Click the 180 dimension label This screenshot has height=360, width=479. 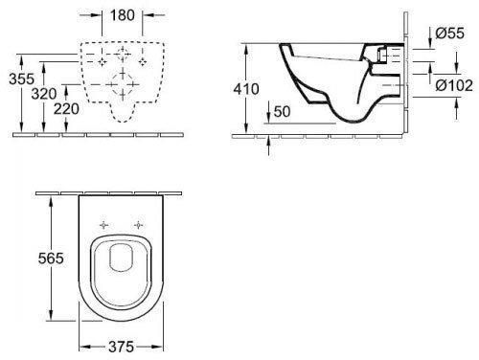[x=123, y=15]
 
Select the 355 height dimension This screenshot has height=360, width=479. [x=21, y=79]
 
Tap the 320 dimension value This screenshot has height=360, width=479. [x=44, y=94]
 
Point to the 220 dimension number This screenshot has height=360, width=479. [x=66, y=109]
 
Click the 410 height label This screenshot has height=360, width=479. [x=246, y=89]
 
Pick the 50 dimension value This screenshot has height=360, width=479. [x=282, y=111]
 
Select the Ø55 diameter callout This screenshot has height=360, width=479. [x=449, y=34]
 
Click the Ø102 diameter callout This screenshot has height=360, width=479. [x=454, y=85]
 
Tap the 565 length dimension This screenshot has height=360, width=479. [x=51, y=259]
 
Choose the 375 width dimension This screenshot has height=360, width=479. [x=121, y=347]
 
